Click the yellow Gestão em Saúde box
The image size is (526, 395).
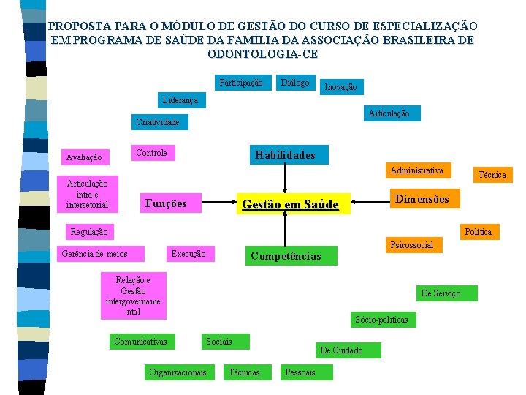290,204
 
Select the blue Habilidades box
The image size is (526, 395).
285,154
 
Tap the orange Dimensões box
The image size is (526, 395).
422,199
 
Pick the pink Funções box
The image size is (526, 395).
167,203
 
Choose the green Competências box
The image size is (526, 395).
286,256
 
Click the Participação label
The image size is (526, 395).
241,83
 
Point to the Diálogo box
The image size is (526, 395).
295,83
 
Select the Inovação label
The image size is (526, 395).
340,87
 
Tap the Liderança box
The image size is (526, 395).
180,99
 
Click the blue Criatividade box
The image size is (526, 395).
157,122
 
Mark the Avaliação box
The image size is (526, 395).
84,157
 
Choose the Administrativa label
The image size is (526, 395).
416,170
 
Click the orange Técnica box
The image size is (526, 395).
491,175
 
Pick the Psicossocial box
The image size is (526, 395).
412,244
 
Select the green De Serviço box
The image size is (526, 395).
441,293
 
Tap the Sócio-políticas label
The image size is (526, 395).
381,320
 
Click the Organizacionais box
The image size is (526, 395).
178,372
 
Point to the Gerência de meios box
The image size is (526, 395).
94,254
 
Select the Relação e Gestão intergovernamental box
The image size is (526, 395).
133,296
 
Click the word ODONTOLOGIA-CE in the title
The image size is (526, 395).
263,54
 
